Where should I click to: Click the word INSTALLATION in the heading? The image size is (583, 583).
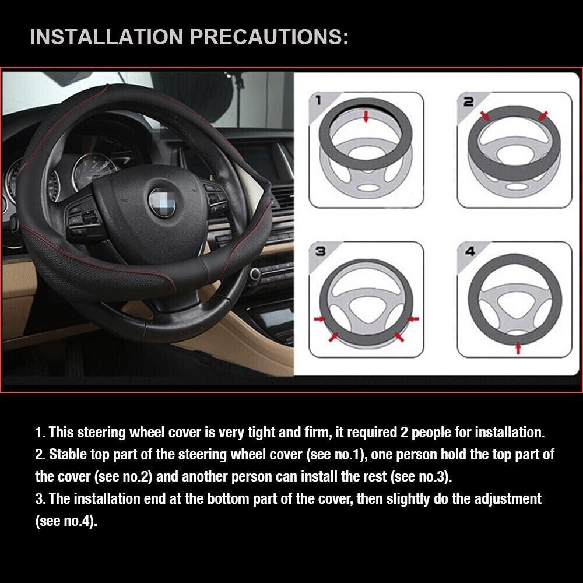[107, 37]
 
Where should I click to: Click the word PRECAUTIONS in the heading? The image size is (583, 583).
[269, 37]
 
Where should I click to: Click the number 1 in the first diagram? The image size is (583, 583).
[318, 101]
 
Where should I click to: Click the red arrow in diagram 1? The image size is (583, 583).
[366, 117]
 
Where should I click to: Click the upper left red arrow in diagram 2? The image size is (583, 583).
[484, 117]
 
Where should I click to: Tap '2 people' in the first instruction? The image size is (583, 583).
[421, 433]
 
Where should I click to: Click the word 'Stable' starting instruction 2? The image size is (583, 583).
[69, 454]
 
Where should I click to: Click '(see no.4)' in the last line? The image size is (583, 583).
[66, 521]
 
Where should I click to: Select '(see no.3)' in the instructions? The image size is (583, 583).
[422, 476]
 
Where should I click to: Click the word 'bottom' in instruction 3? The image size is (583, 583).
[247, 498]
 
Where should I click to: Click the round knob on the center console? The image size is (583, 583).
[255, 273]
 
